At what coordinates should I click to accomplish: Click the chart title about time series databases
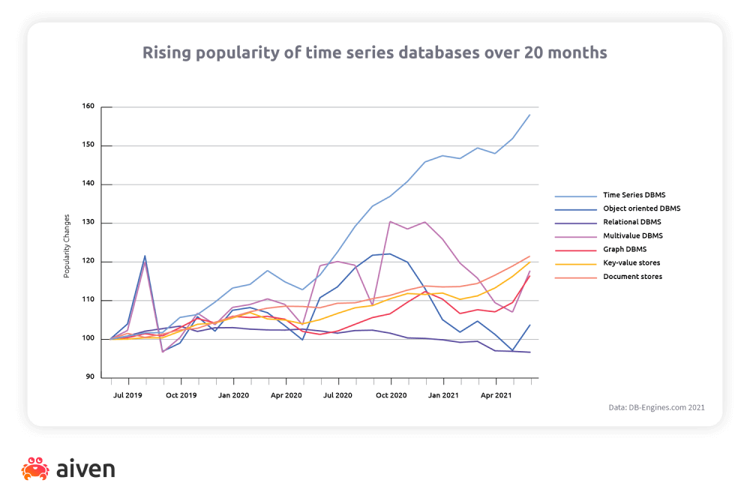375,53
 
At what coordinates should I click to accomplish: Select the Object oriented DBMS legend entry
641,208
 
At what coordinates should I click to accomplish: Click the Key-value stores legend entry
632,263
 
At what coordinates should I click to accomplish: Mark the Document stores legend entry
632,277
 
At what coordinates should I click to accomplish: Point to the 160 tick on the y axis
88,106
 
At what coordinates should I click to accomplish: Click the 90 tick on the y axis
90,377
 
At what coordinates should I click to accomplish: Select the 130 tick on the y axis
88,223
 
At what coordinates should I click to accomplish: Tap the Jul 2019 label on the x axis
127,394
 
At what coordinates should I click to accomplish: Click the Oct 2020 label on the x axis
391,394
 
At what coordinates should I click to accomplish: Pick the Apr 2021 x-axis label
496,394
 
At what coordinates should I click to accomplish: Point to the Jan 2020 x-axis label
233,394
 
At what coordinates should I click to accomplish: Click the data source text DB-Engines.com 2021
656,408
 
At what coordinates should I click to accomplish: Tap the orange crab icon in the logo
35,469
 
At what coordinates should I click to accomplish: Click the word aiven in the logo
85,469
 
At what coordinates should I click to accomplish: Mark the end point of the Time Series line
529,115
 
